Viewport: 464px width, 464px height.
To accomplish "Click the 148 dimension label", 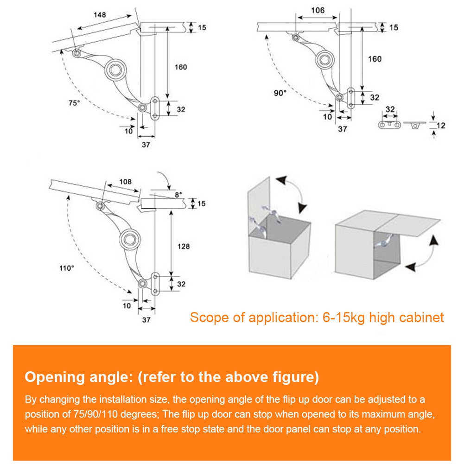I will pos(99,15).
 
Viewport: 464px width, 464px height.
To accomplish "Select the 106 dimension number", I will pos(318,10).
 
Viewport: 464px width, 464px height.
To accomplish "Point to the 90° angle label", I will pos(280,93).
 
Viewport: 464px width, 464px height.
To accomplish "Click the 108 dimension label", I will pos(125,182).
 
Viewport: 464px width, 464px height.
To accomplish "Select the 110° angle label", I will pos(66,268).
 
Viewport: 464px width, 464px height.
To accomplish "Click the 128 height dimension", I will pos(183,246).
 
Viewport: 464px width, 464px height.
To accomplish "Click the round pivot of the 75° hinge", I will pos(113,70).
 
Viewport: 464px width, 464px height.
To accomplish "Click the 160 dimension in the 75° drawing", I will pos(181,67).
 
